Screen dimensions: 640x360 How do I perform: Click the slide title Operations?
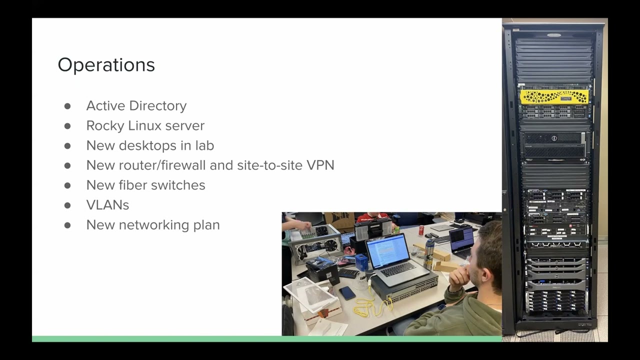click(x=106, y=65)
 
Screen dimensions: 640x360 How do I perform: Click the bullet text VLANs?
click(x=107, y=205)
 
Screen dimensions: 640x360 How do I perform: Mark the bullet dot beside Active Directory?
click(x=67, y=106)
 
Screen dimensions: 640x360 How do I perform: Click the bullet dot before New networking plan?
click(x=67, y=225)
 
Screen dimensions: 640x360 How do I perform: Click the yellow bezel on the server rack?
click(x=553, y=96)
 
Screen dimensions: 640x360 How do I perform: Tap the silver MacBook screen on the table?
click(x=388, y=251)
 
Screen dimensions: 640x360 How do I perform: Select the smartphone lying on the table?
click(x=347, y=293)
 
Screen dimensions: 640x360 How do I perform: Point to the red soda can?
click(x=421, y=230)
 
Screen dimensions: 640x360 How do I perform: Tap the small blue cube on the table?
click(x=361, y=262)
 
